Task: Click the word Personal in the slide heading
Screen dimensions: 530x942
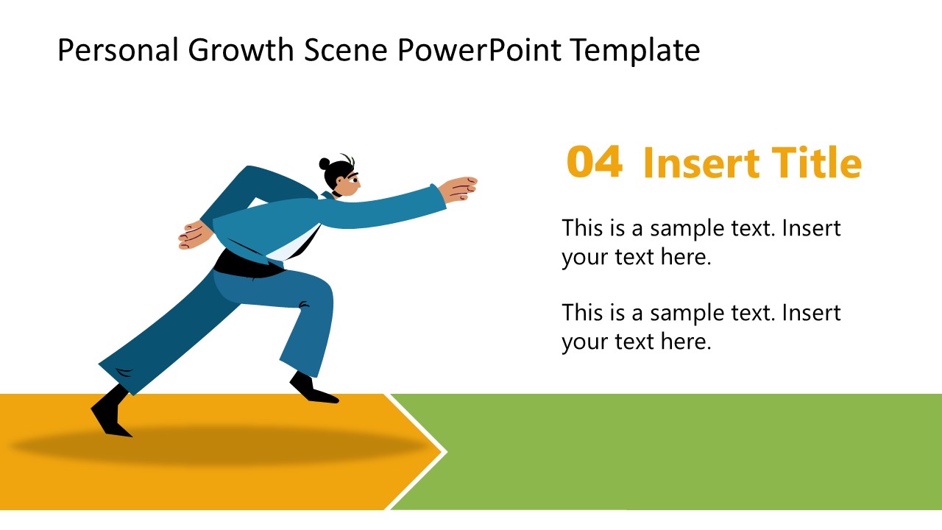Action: pos(117,51)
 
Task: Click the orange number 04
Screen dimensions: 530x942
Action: pos(594,163)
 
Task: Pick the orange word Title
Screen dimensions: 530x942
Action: pos(815,163)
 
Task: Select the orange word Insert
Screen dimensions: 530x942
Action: pos(701,163)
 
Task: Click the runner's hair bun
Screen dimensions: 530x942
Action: pos(325,163)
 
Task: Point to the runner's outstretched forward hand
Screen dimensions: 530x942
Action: pos(460,188)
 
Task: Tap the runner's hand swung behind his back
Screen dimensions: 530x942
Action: pos(195,235)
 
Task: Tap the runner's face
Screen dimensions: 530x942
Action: pos(349,181)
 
